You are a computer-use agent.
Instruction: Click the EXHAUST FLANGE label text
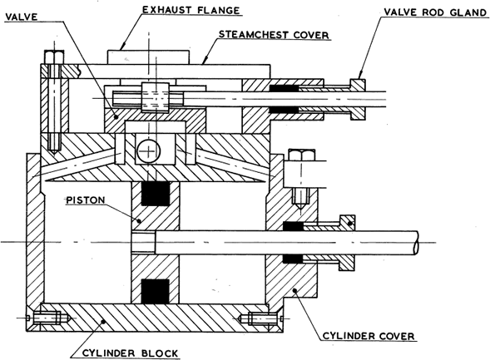coord(191,10)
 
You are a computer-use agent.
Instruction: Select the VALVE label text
coord(22,17)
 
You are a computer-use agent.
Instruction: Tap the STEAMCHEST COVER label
coord(274,34)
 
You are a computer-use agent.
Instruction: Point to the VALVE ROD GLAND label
coord(436,12)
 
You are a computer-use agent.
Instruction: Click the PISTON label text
coord(86,200)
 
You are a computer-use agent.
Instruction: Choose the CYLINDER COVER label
coord(369,336)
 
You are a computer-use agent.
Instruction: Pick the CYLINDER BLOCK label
coord(130,353)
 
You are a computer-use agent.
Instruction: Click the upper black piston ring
coord(156,193)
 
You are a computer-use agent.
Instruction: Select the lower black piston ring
coord(156,291)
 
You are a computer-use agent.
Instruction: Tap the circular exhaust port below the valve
coord(149,151)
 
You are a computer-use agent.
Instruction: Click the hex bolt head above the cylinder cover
coord(301,155)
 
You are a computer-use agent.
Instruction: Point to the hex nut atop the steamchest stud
coord(54,57)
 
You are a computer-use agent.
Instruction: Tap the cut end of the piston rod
coord(416,242)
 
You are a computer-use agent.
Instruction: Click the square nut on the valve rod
coord(156,97)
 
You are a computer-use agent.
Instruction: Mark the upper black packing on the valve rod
coord(284,88)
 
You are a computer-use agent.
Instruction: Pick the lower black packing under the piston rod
coord(293,259)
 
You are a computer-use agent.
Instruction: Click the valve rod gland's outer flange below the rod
coord(358,114)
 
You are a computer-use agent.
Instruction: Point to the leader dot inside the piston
coord(140,221)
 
